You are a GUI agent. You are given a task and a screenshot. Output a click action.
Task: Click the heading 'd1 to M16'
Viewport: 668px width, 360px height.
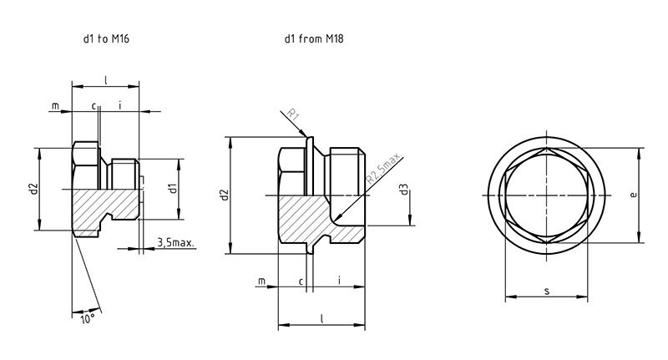[106, 38]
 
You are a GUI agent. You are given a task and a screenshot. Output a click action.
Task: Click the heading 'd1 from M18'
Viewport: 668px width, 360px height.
[314, 38]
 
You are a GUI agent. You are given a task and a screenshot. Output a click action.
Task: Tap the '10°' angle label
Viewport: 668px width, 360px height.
[88, 319]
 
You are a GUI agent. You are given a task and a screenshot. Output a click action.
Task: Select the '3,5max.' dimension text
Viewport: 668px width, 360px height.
[175, 243]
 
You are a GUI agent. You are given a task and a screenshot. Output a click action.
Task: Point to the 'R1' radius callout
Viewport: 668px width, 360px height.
[293, 114]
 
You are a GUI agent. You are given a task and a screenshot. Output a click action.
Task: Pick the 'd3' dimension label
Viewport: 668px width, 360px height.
[404, 189]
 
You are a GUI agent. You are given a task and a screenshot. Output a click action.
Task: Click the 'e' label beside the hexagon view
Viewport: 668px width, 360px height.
[634, 195]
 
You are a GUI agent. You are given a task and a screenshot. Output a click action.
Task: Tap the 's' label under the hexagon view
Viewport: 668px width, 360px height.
[547, 292]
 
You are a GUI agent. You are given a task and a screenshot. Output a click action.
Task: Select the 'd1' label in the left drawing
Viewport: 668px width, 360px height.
[173, 188]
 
